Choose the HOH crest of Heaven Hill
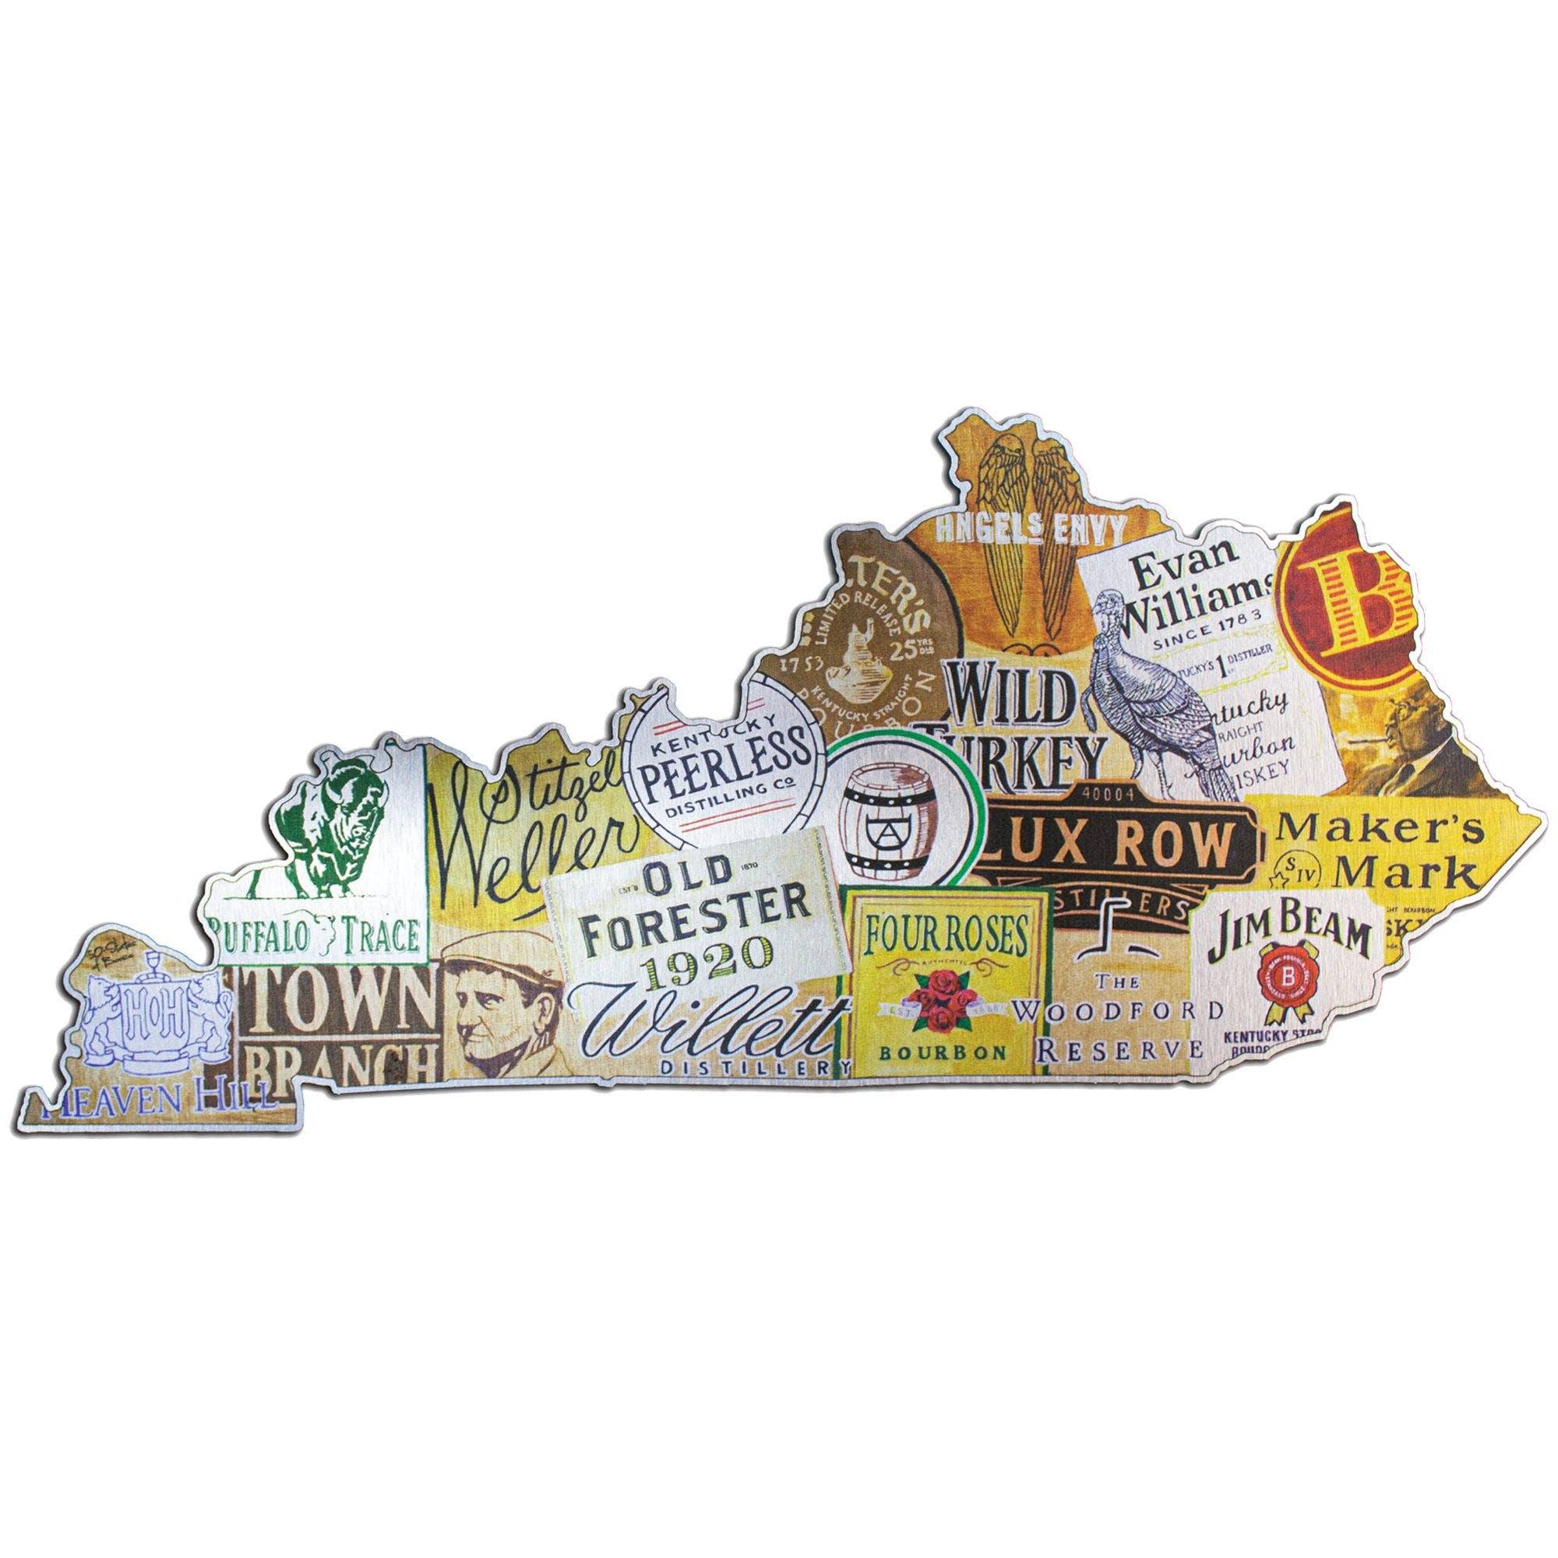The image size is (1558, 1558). coord(150,1030)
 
